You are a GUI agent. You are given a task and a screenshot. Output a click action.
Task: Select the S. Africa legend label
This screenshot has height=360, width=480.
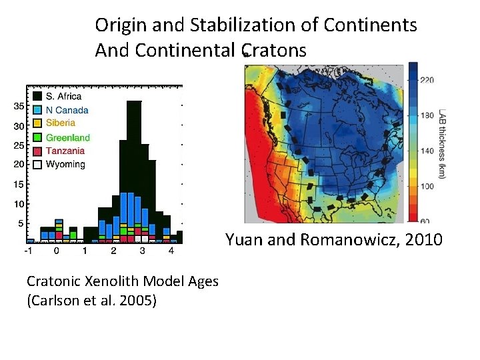coord(63,97)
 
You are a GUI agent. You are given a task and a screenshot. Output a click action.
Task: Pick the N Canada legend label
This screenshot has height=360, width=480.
coord(67,110)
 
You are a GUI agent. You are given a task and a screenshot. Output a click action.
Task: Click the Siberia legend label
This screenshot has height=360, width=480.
coord(61,123)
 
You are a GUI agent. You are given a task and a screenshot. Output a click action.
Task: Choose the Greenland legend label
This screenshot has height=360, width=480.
coord(67,137)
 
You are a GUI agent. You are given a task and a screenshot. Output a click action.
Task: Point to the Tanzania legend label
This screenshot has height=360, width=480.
coord(65,151)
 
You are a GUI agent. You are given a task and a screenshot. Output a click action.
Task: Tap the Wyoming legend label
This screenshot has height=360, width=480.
coord(65,164)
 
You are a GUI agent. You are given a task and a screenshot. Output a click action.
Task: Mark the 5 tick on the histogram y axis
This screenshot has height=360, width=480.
coord(21,223)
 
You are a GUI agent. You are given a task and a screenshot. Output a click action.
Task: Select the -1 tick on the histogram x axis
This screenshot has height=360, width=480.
coord(28,251)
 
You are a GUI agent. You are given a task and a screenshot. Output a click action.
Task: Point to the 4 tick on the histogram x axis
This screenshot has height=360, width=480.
coord(171,251)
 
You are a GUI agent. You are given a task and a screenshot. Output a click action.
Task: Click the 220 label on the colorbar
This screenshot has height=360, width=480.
coord(426,80)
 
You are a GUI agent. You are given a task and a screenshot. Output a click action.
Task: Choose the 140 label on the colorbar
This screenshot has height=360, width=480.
coord(426,151)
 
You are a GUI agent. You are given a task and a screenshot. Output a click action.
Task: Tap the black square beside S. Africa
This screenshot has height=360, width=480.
coord(38,97)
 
